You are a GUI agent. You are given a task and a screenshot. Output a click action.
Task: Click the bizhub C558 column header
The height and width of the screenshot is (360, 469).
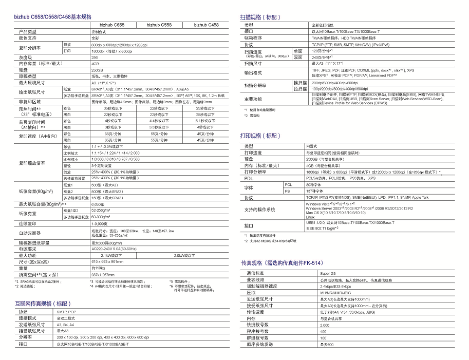point(159,25)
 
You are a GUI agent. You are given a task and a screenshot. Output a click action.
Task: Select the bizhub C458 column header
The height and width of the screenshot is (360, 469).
point(205,25)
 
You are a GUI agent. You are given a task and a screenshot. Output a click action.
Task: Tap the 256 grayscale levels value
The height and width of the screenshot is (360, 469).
point(94,57)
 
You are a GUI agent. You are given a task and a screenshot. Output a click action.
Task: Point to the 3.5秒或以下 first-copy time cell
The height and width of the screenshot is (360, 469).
point(159,126)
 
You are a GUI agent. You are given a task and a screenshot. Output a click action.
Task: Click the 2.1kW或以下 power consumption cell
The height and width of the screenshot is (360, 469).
point(111,255)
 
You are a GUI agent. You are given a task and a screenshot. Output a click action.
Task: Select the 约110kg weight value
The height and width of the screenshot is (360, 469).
point(99,268)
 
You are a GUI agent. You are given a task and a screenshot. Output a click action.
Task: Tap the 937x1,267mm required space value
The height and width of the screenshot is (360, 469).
point(102,275)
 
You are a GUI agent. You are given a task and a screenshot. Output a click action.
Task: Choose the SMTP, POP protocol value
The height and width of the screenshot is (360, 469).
point(66,312)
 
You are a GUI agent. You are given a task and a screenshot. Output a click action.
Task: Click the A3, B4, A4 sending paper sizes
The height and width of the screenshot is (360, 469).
point(65,325)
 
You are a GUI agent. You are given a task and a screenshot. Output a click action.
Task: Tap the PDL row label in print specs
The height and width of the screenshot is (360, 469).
point(249,178)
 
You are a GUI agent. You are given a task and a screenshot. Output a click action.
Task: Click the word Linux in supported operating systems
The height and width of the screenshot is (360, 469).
point(310,217)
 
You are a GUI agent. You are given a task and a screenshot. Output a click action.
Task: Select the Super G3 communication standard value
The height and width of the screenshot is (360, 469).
point(327,274)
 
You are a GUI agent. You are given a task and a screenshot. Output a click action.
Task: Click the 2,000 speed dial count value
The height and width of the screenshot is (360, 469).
point(325,325)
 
